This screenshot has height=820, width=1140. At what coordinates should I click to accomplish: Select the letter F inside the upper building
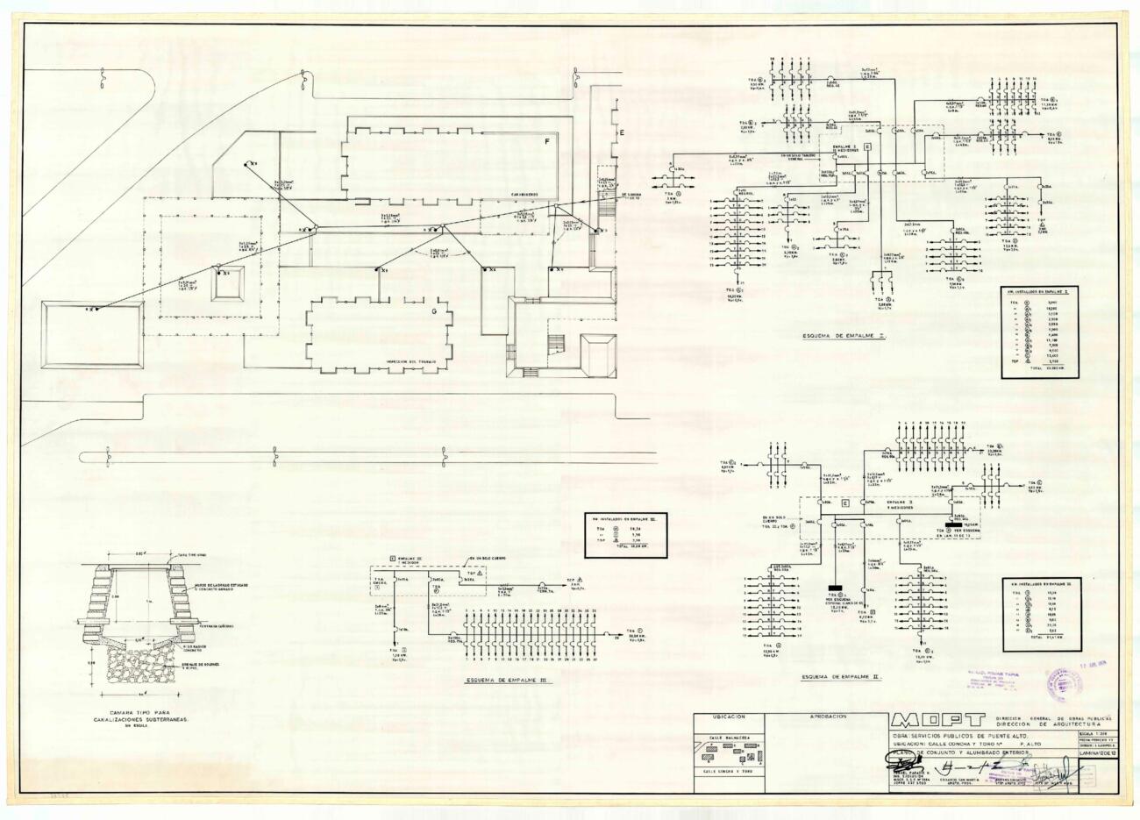coord(546,141)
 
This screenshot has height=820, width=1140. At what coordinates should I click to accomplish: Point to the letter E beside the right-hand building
coord(622,132)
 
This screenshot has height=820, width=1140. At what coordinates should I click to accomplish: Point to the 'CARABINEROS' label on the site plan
coord(520,195)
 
